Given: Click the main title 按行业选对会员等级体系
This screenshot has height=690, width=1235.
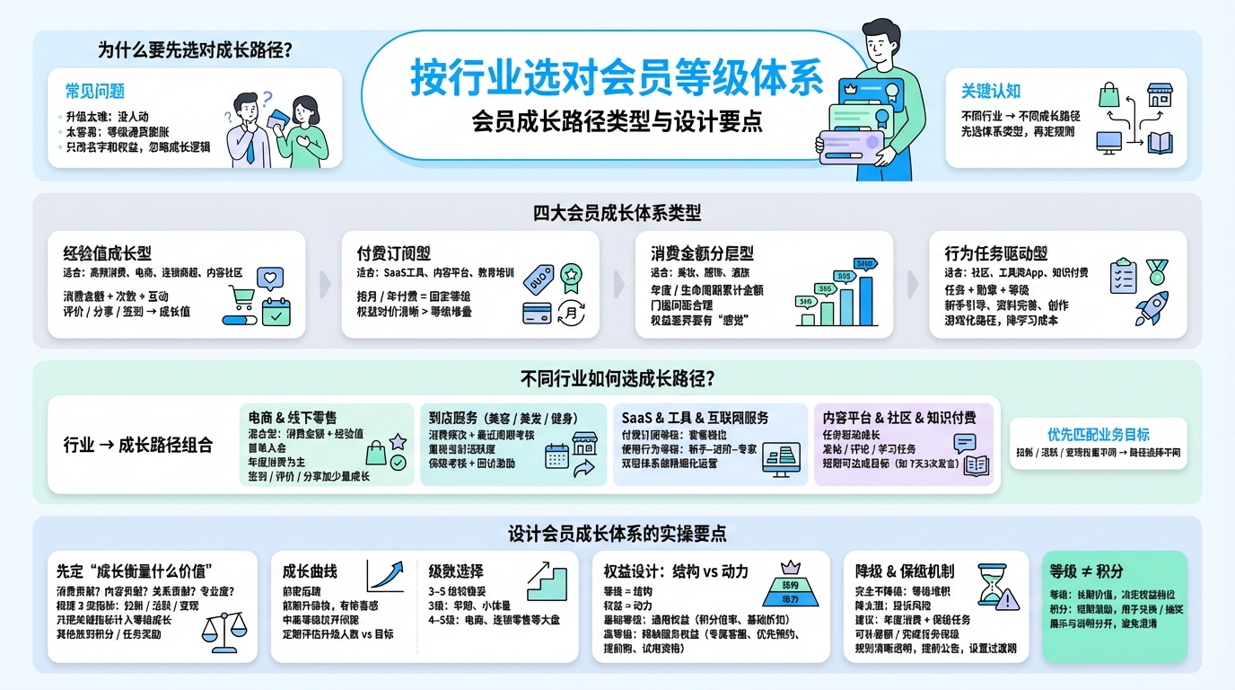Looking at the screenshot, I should pos(617,78).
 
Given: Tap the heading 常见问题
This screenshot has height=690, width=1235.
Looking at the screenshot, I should pos(94,92).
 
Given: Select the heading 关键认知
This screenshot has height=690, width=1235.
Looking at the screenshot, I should pos(990,92).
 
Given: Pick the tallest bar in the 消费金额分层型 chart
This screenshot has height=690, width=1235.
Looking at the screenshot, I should pos(865,299).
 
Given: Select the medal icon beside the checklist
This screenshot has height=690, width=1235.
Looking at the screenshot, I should pos(1157,271).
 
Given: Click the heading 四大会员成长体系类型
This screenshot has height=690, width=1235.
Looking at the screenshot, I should pos(617,214).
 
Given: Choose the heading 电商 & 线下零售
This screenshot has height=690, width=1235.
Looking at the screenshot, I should pos(293,418).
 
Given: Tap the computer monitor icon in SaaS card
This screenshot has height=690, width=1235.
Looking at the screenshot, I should pos(780,458).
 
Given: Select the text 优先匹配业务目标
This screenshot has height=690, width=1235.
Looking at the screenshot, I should pos(1098,434).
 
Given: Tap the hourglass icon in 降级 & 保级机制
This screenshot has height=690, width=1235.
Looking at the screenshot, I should pos(992,586).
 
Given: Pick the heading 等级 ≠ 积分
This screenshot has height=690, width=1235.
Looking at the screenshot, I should pos(1086,571).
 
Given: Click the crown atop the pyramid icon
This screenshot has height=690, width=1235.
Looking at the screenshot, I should pos(791,568).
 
